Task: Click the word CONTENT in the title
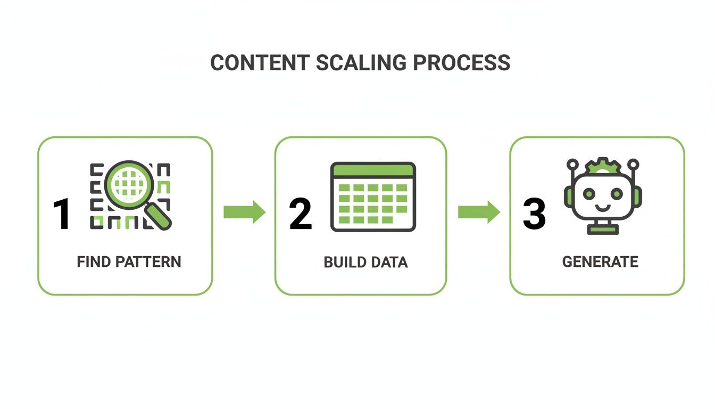click(x=260, y=63)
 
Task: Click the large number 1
click(x=62, y=215)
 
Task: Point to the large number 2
click(x=300, y=215)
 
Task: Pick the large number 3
click(x=534, y=215)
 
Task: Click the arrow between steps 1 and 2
click(x=244, y=212)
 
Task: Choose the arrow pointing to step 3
click(x=479, y=212)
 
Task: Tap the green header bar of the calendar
click(x=373, y=171)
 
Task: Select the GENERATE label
click(x=600, y=262)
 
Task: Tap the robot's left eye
click(x=589, y=194)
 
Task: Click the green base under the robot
click(x=603, y=229)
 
